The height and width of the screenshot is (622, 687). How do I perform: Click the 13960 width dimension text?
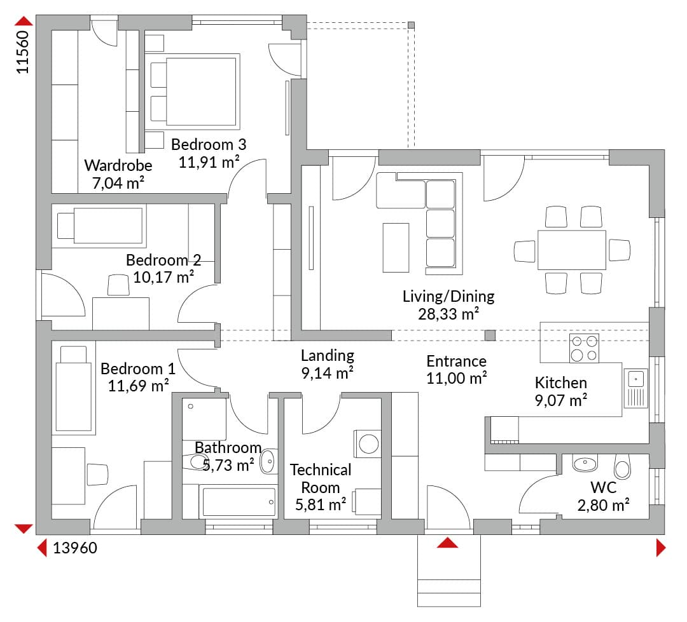coord(75,548)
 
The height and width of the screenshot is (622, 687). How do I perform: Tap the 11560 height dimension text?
coord(22,51)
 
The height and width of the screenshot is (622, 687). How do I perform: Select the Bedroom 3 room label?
coord(209,144)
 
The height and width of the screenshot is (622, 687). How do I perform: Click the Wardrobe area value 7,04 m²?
coord(118,183)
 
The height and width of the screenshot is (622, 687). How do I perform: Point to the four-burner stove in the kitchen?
coord(584,348)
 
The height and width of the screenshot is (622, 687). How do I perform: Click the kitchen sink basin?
coord(635,379)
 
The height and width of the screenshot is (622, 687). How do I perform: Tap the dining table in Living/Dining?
coord(572,250)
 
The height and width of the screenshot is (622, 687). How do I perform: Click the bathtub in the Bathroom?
coord(239,502)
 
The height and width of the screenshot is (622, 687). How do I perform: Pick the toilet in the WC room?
coord(622,466)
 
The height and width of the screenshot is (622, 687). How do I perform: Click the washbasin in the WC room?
coord(585,464)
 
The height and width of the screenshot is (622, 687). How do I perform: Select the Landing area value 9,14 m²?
coord(328,373)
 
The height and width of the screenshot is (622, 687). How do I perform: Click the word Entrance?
coord(457,361)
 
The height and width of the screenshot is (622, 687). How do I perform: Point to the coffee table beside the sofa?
coord(396,248)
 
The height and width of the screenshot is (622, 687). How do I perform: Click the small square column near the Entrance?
coord(490,335)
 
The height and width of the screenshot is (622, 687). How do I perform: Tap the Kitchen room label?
coord(561,382)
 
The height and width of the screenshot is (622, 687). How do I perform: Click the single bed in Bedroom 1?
coord(74,388)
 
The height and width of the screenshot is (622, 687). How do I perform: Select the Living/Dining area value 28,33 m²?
coord(448,314)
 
